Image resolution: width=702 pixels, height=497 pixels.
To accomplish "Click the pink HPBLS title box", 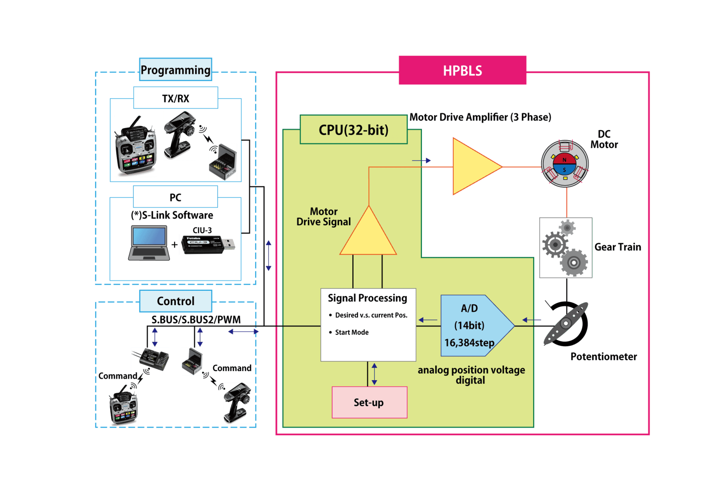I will [462, 70].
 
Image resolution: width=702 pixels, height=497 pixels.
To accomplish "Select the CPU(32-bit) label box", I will [353, 130].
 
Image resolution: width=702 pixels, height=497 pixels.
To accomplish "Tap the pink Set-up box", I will [369, 403].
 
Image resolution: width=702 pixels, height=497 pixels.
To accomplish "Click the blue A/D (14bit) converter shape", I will [472, 326].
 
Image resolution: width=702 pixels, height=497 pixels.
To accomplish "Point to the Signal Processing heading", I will [367, 298].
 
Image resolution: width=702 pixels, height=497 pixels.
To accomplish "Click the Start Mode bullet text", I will [351, 332].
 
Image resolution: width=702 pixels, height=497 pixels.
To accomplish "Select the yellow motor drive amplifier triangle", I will [472, 166].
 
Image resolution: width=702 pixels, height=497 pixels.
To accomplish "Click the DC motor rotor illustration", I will [564, 164].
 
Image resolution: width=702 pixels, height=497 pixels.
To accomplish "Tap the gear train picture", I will [565, 248].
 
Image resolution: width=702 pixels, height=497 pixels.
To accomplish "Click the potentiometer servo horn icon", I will [566, 323].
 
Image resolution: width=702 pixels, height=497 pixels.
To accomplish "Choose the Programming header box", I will [175, 70].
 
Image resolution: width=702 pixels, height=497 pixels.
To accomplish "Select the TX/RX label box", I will [175, 98].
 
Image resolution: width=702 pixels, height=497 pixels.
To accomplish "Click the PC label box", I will [175, 197].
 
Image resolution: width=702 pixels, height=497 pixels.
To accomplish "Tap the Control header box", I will [175, 301].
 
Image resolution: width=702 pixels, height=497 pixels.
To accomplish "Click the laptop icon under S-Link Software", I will [149, 243].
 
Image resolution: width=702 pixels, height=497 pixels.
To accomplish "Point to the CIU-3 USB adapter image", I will [208, 244].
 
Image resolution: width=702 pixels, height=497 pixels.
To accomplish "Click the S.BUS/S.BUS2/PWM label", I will [196, 320].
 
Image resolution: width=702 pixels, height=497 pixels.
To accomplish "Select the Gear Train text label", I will [617, 247].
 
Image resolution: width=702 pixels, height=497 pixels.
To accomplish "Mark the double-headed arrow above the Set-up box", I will [374, 374].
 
